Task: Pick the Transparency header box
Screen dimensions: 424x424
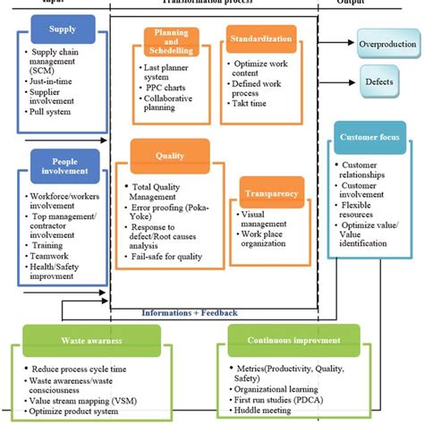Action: pos(267,190)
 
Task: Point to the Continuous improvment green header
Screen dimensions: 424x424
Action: pos(295,341)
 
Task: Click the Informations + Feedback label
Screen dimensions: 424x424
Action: pos(190,313)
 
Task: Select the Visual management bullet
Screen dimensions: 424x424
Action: pos(262,219)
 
